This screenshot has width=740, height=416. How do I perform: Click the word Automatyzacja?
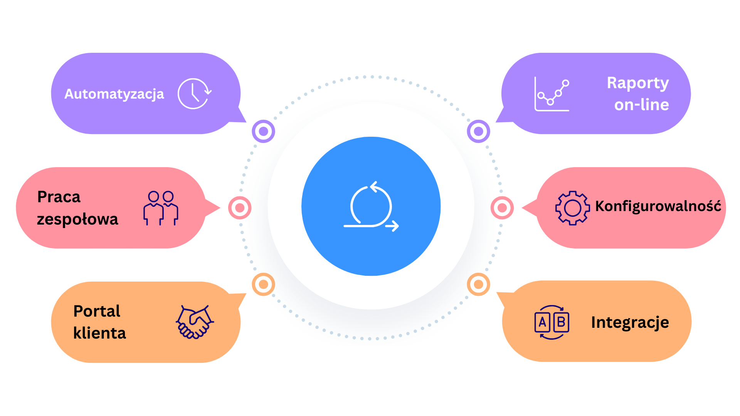click(x=114, y=94)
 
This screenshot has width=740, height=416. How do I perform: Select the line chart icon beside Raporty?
click(x=552, y=94)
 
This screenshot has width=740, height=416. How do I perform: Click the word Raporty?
click(x=637, y=83)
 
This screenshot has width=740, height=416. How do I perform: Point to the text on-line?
click(x=641, y=105)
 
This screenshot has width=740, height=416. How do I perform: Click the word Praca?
click(x=59, y=197)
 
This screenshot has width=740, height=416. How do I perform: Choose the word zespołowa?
click(x=77, y=219)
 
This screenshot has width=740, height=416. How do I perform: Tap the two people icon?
click(x=161, y=208)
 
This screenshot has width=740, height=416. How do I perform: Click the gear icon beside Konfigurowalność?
click(x=572, y=208)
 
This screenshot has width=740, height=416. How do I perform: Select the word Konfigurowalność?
click(x=658, y=206)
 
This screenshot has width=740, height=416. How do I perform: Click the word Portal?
click(x=97, y=311)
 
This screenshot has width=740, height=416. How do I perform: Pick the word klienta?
click(x=99, y=333)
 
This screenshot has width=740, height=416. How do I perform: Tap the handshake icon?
click(x=195, y=322)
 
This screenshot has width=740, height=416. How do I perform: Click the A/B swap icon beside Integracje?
click(x=552, y=322)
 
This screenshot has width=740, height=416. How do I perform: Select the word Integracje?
click(x=630, y=322)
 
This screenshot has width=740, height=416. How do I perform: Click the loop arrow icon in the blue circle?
click(x=371, y=206)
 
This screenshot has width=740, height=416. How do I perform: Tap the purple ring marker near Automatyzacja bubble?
click(x=263, y=131)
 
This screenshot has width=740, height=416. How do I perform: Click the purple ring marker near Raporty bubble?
click(x=478, y=131)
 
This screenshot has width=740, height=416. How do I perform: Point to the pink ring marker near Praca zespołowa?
click(x=240, y=208)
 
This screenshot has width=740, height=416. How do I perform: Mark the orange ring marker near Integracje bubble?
click(x=478, y=284)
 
